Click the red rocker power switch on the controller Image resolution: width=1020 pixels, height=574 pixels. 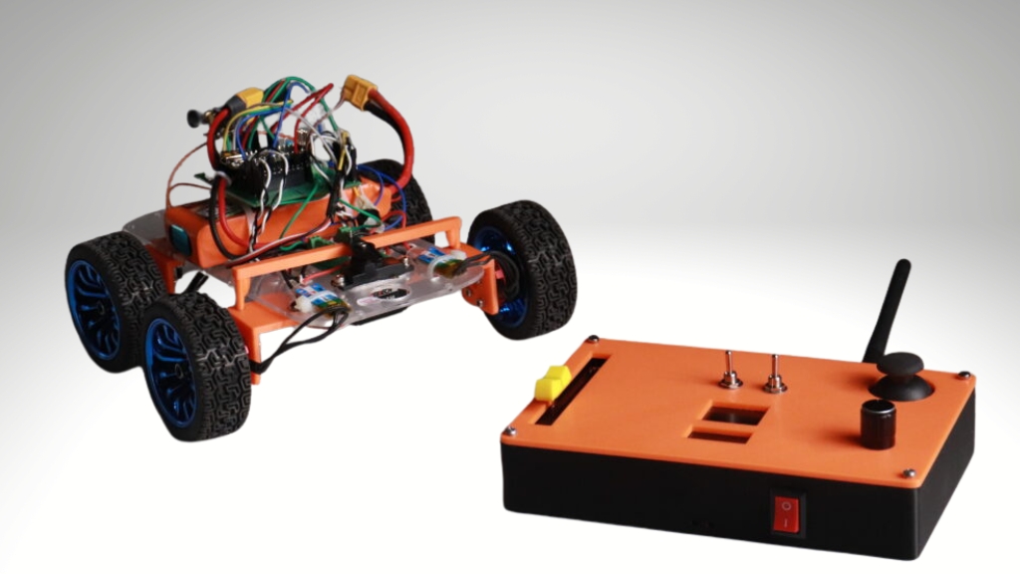click(787, 515)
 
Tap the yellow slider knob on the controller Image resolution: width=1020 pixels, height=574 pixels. click(550, 384)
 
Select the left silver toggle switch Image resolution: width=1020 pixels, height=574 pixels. click(731, 371)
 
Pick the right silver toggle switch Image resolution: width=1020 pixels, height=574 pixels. click(774, 374)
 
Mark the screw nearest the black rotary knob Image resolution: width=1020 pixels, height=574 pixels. click(908, 472)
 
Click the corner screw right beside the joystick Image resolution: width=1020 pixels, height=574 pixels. click(963, 376)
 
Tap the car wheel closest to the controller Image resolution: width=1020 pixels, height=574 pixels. click(522, 268)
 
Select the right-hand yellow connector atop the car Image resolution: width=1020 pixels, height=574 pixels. click(355, 92)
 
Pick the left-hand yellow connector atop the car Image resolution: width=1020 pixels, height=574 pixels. click(245, 99)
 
